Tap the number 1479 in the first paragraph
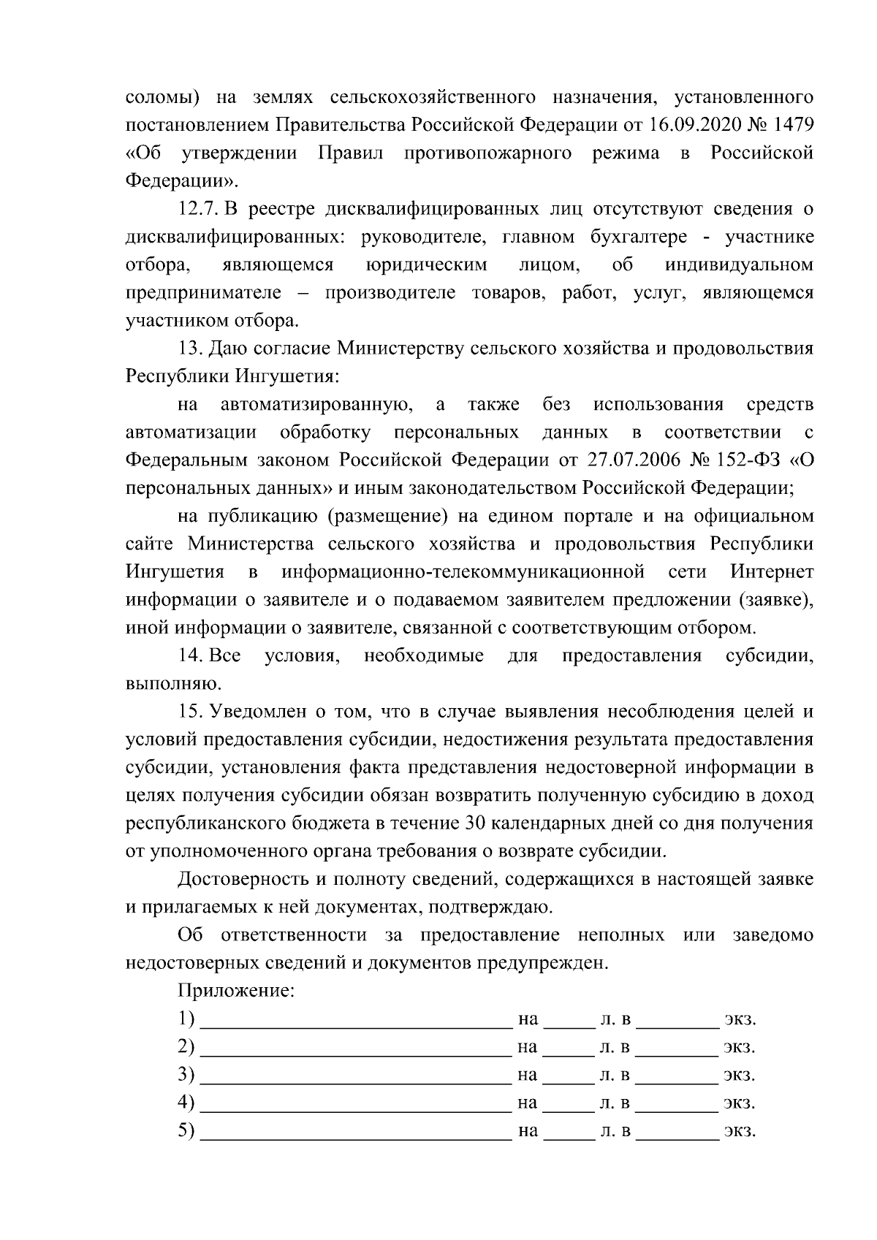tap(791, 125)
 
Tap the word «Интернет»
tap(771, 571)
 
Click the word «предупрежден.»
tap(542, 962)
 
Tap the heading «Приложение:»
tap(235, 991)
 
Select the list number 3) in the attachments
tap(186, 1075)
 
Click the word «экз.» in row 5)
tap(739, 1131)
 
